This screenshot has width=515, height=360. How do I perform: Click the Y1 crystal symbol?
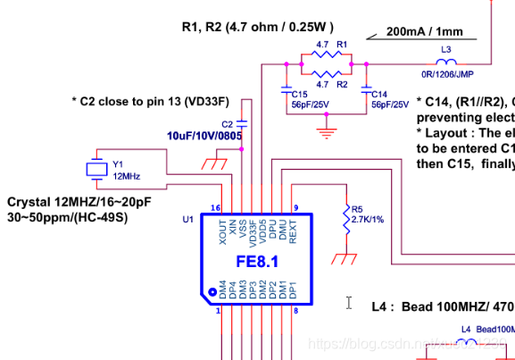[95, 168]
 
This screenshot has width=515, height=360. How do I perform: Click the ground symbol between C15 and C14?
[327, 132]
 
